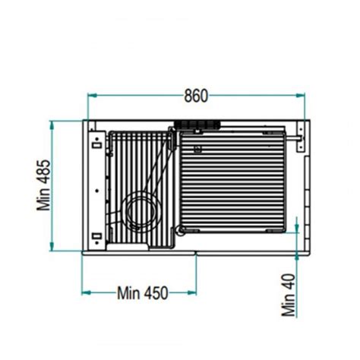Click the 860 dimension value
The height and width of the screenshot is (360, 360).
coord(196,96)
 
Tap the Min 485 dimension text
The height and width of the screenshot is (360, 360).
coord(44,185)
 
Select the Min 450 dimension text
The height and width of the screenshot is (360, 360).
coord(143,293)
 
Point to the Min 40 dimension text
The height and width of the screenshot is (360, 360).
coord(289,295)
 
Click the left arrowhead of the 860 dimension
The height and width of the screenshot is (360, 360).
coord(92,96)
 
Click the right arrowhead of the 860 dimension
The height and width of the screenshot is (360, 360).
coord(300,95)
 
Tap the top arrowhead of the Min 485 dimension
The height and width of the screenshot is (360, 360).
coord(52,126)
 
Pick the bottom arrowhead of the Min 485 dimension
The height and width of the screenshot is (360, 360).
coord(52,246)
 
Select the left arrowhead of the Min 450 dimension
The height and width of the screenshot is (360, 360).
coord(86,293)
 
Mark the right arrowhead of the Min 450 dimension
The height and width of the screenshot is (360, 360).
coord(192,293)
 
